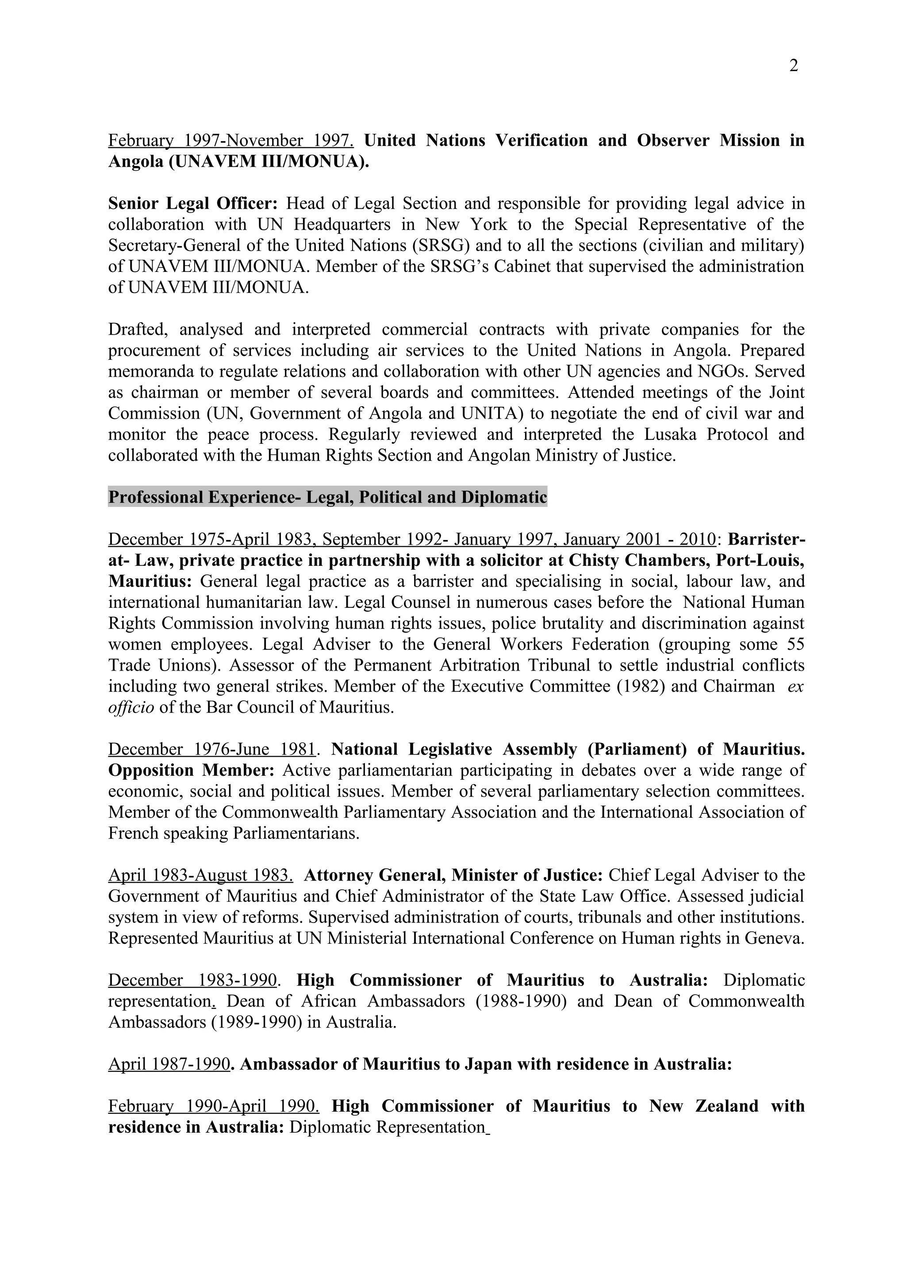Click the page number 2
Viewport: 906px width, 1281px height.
(793, 66)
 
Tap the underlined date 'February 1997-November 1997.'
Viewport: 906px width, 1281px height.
(230, 141)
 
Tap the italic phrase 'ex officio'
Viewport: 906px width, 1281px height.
(795, 687)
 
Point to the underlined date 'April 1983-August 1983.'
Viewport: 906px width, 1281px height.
(200, 875)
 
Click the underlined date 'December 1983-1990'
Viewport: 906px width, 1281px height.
(192, 980)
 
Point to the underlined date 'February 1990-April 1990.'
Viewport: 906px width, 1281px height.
(214, 1106)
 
